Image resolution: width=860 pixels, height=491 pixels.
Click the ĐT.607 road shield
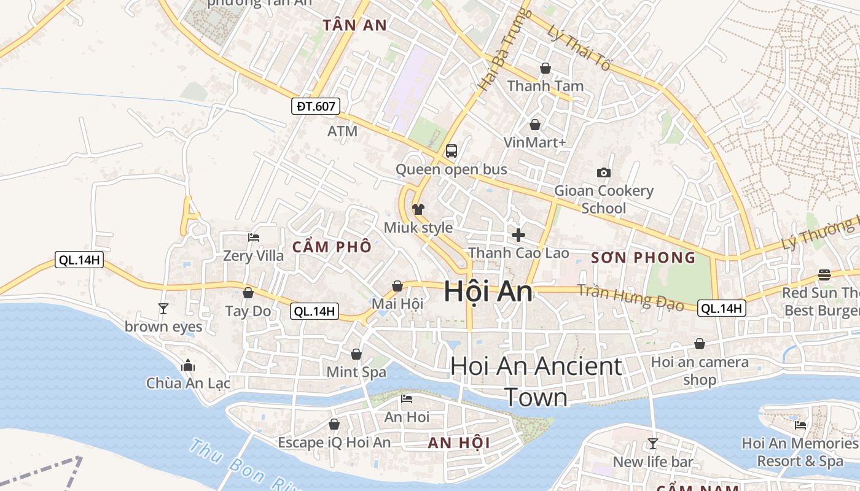[x=316, y=106]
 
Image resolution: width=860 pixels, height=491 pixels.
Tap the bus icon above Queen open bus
[x=451, y=150]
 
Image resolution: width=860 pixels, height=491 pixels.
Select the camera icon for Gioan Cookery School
[x=604, y=172]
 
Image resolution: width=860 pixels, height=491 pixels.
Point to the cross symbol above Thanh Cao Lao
[x=518, y=234]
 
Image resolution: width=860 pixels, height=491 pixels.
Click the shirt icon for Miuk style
[x=418, y=209]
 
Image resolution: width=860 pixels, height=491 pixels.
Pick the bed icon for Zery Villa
[x=253, y=237]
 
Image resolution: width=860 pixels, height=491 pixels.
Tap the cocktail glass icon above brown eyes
[x=163, y=307]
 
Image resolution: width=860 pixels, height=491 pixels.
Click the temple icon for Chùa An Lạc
[x=188, y=365]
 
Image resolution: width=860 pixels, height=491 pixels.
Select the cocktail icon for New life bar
[x=652, y=443]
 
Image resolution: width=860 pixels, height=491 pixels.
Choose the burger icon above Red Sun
[x=824, y=274]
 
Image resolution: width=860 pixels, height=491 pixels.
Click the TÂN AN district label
[x=355, y=25]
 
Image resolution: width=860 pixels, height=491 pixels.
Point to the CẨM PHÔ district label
[x=332, y=247]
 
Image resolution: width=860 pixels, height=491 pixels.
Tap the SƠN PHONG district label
[x=643, y=258]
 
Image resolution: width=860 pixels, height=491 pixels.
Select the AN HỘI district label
[x=458, y=443]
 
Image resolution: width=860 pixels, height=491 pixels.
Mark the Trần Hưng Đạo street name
[x=631, y=297]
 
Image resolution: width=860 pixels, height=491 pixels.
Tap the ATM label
[x=342, y=131]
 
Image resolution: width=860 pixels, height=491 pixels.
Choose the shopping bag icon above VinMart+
[x=535, y=125]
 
